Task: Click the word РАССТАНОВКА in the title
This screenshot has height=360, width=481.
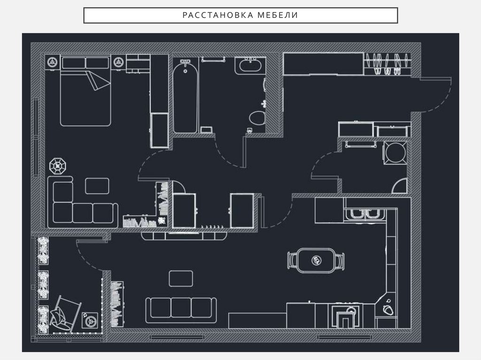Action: point(218,15)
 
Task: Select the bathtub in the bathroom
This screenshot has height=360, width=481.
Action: point(185,96)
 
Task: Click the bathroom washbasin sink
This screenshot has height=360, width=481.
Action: point(250,65)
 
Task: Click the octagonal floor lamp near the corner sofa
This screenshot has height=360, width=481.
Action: point(58,166)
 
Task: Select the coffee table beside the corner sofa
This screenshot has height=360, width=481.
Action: point(97,186)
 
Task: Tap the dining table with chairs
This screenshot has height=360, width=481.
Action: point(316,260)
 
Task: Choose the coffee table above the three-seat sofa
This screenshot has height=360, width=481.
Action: point(181,278)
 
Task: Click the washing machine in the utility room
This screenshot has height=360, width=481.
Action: point(396,153)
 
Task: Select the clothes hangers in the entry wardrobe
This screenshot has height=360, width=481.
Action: point(387,64)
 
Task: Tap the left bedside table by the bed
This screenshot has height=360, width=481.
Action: point(53,62)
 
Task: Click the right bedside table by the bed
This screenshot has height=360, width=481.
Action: point(118,62)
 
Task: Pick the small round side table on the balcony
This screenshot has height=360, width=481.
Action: point(90,321)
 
